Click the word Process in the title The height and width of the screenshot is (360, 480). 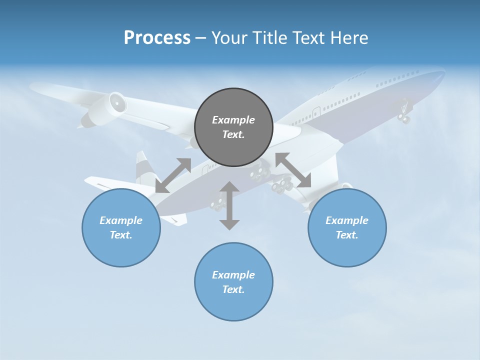click(157, 38)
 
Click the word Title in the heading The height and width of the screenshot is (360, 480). click(268, 38)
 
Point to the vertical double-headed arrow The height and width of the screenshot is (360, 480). click(229, 205)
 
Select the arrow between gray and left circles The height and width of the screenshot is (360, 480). click(173, 175)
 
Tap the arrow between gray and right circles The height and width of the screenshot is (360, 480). click(293, 170)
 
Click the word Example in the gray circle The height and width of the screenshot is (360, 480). click(233, 120)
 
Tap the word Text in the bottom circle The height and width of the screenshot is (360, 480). click(233, 289)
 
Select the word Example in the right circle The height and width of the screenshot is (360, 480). click(347, 220)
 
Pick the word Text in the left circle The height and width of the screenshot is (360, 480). click(120, 235)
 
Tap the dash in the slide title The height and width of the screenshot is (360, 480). click(200, 38)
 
